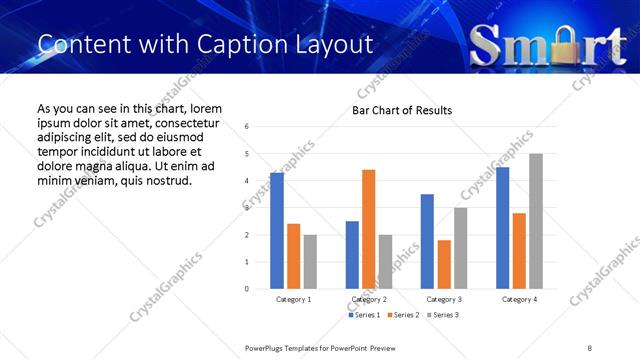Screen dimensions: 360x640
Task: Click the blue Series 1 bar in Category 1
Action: (x=277, y=231)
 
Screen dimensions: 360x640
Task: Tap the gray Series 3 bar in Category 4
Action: (x=536, y=221)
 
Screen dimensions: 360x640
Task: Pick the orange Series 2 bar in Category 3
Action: (x=444, y=264)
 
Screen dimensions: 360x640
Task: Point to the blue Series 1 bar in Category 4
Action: (x=502, y=228)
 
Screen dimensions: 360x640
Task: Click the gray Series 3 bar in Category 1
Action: (x=310, y=262)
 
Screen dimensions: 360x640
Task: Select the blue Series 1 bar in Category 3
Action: (x=427, y=241)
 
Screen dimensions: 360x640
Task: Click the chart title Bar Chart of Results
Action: (x=402, y=110)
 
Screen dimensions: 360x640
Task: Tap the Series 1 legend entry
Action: (x=362, y=315)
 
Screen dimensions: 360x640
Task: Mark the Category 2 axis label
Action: (x=368, y=299)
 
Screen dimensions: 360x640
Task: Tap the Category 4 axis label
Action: (x=519, y=299)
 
